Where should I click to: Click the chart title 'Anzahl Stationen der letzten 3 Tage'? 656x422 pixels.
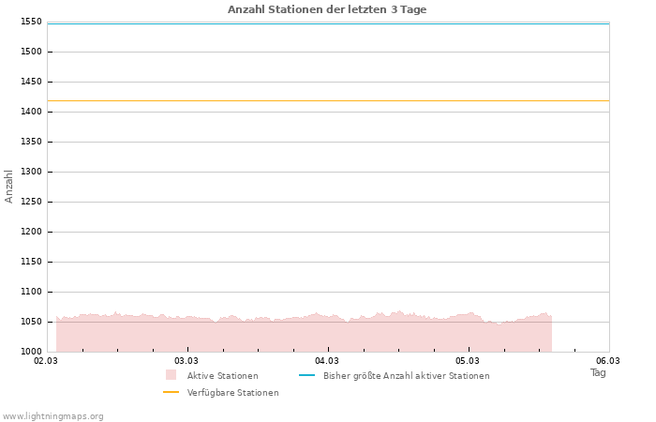point(327,9)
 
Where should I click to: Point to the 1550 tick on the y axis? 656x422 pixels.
point(30,22)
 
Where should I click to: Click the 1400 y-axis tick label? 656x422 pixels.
point(30,112)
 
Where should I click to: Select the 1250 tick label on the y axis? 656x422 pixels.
point(30,202)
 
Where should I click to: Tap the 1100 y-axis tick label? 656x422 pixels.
point(30,292)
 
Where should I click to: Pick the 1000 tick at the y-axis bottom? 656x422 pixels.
point(30,352)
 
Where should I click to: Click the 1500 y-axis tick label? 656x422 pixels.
point(30,52)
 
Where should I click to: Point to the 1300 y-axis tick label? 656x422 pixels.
point(30,172)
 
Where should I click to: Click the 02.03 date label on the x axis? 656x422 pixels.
point(46,360)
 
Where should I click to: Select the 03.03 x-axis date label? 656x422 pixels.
point(186,360)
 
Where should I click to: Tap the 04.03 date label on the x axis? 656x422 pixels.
point(327,360)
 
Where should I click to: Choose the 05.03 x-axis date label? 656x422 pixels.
point(468,360)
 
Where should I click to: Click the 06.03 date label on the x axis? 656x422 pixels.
point(608,360)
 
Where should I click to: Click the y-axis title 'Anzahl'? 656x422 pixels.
point(9,186)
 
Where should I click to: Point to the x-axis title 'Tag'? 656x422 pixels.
point(598,372)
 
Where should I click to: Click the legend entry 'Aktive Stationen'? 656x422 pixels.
point(222,376)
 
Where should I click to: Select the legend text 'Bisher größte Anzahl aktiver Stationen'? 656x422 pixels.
point(406,376)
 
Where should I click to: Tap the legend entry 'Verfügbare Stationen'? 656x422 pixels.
point(232,393)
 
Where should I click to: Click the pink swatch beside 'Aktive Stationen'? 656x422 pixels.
point(171,375)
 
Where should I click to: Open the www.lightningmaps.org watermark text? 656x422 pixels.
point(53,416)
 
